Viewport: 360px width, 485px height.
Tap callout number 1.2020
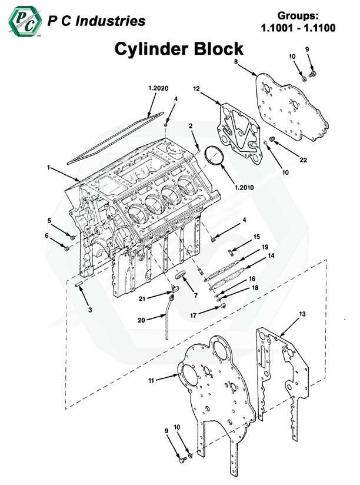pyautogui.click(x=158, y=88)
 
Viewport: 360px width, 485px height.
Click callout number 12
pyautogui.click(x=196, y=88)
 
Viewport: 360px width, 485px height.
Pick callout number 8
pyautogui.click(x=235, y=61)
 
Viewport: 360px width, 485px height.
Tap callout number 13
pyautogui.click(x=302, y=314)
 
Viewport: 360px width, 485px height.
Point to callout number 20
pyautogui.click(x=141, y=320)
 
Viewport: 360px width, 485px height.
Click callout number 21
pyautogui.click(x=141, y=299)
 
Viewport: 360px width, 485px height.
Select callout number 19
pyautogui.click(x=265, y=247)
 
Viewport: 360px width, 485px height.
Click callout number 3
pyautogui.click(x=89, y=309)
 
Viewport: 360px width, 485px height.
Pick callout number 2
pyautogui.click(x=191, y=125)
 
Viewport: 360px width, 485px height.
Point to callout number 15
pyautogui.click(x=256, y=237)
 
